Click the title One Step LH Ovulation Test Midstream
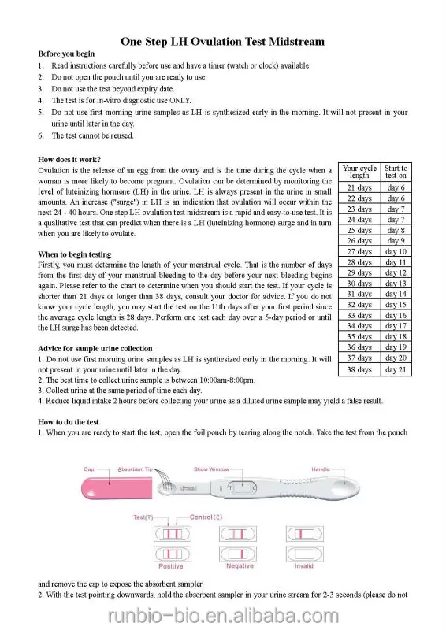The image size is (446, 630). [x=222, y=41]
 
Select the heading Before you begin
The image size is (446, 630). [x=66, y=54]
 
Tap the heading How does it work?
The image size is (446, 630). [x=69, y=158]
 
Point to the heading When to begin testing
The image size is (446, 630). [x=75, y=254]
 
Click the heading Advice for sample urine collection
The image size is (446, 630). [x=95, y=348]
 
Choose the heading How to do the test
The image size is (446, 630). [x=69, y=422]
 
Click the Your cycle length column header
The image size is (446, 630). [x=359, y=172]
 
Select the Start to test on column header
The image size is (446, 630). [x=396, y=172]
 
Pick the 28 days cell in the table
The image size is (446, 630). [x=359, y=262]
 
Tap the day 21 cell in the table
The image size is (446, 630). [x=396, y=369]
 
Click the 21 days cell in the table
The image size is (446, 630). [x=359, y=188]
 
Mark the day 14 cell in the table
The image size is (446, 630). [x=396, y=294]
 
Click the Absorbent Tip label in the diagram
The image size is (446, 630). [x=136, y=469]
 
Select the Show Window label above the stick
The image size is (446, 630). [x=211, y=469]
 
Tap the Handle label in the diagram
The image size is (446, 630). [x=321, y=469]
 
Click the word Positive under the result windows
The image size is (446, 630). [x=171, y=566]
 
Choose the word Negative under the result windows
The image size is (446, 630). [x=240, y=566]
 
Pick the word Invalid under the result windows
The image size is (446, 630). [x=303, y=566]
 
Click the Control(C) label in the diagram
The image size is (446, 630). [x=206, y=517]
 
